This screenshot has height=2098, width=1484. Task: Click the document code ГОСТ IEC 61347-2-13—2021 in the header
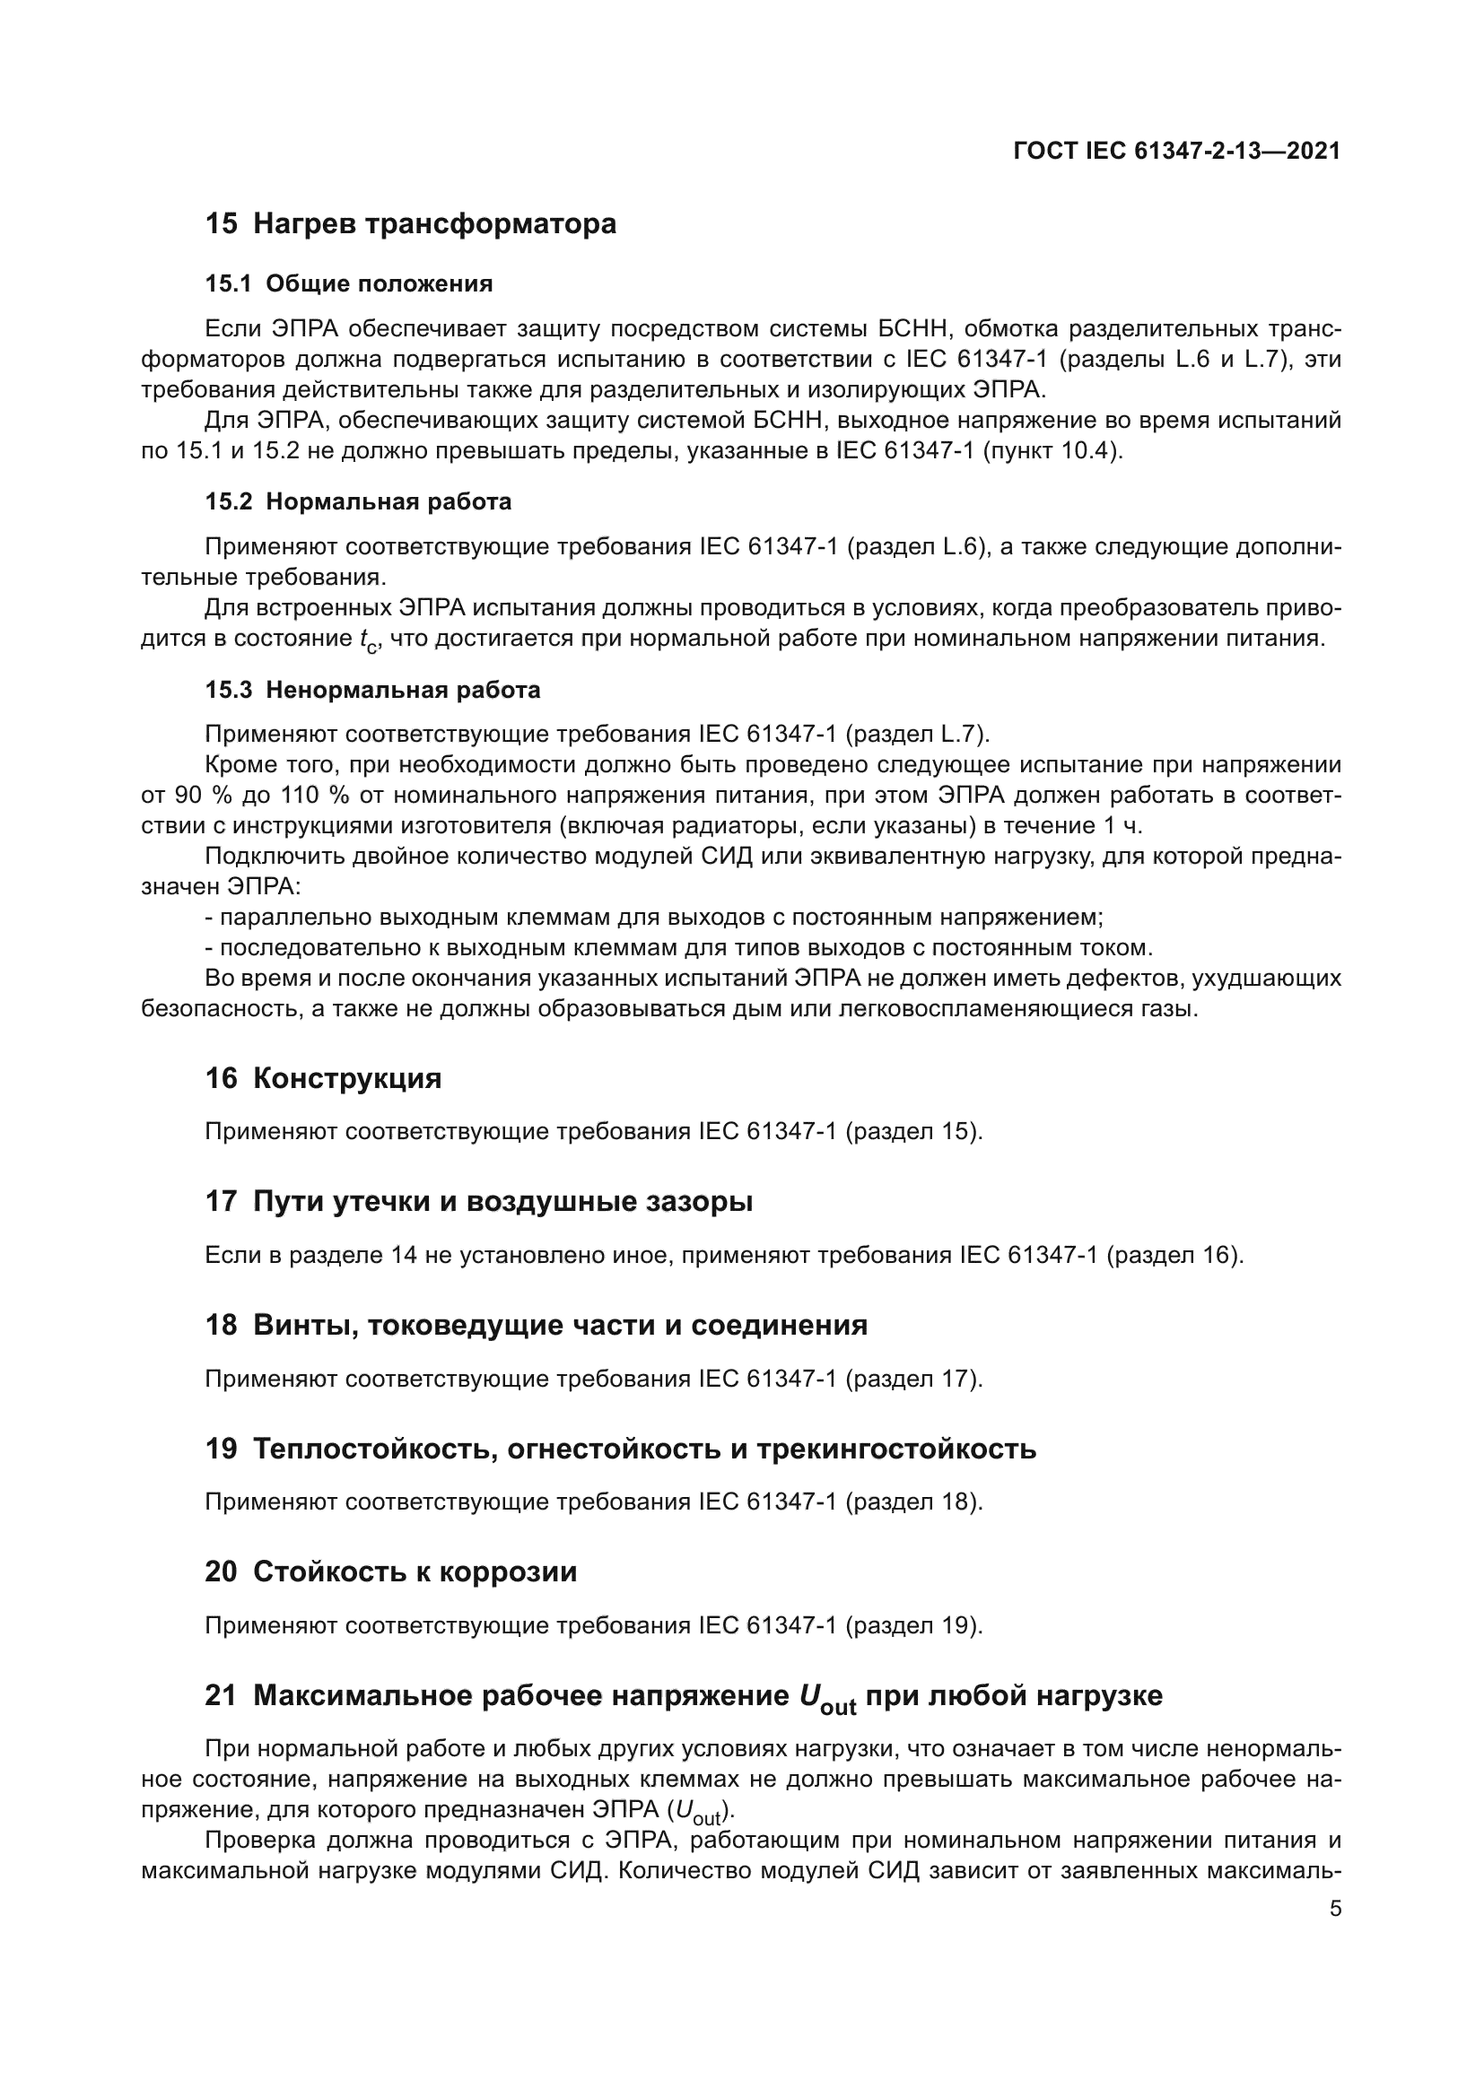(1177, 152)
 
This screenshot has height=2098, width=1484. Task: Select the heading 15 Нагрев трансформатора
(410, 224)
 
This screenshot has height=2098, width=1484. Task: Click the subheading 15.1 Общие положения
(348, 284)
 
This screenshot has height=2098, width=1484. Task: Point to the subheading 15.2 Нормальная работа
(358, 501)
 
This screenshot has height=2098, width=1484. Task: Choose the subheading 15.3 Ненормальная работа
(372, 690)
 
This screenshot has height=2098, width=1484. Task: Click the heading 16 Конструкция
(323, 1078)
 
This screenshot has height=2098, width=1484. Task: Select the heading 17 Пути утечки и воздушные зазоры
(479, 1202)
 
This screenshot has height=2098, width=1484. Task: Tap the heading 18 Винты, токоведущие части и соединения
(536, 1325)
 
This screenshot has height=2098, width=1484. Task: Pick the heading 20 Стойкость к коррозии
(390, 1571)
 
